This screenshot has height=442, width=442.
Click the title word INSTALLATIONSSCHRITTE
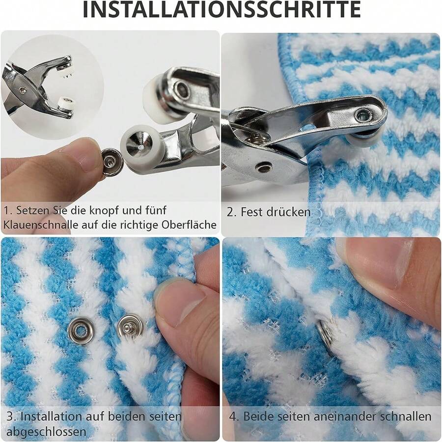point(221,11)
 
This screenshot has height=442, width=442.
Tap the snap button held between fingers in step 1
point(112,163)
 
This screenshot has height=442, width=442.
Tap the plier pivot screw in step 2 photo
point(264,167)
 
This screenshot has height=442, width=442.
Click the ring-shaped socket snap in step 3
point(81,330)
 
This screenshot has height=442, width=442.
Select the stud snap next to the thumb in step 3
point(130,327)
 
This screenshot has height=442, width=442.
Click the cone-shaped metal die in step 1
point(136,145)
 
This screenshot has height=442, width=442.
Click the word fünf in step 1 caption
point(154,210)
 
